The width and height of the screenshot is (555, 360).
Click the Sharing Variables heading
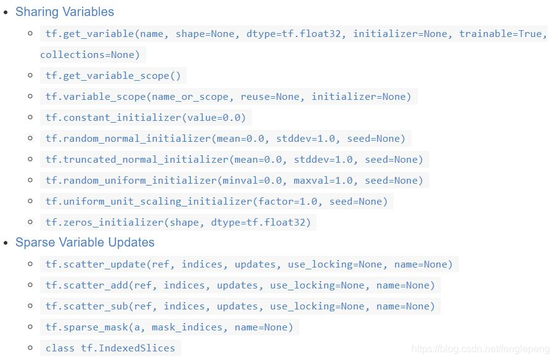(65, 12)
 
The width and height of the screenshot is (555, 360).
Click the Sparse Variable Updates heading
(85, 242)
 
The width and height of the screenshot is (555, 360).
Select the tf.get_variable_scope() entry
(113, 76)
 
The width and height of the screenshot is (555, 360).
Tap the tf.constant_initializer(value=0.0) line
(145, 118)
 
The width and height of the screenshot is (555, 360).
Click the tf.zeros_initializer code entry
(178, 223)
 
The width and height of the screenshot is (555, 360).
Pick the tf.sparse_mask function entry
(169, 327)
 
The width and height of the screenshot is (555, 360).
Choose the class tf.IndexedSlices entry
(110, 348)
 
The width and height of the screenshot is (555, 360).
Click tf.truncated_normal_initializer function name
(137, 160)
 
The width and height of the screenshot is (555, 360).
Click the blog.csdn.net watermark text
(480, 349)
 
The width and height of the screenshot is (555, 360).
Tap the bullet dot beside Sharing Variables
(6, 12)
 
